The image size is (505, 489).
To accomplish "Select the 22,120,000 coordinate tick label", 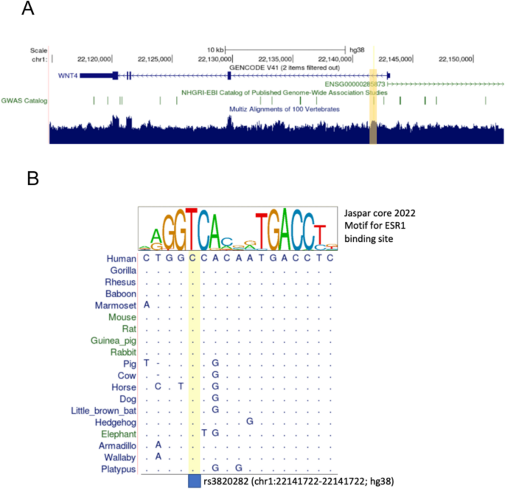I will click(95, 59).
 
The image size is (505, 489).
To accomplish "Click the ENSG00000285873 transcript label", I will click(355, 84).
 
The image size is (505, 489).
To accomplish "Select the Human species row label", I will click(121, 259).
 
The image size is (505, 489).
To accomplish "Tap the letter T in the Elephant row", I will click(204, 434).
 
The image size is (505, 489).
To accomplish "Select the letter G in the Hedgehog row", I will click(250, 422).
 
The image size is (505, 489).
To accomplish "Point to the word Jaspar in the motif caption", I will click(357, 213).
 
